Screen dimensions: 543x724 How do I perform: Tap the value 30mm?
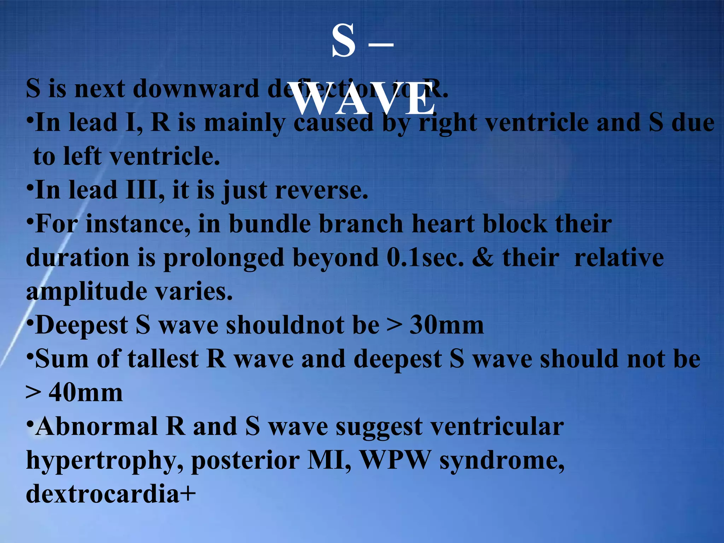point(446,325)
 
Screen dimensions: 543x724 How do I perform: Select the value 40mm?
point(86,393)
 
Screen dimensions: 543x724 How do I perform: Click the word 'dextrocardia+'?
point(111,494)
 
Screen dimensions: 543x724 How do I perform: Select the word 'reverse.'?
point(321,190)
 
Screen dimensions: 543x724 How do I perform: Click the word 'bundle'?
point(270,224)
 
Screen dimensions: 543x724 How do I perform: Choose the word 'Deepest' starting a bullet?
point(82,325)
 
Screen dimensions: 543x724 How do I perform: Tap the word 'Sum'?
point(62,359)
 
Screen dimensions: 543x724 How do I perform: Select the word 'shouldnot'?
point(285,325)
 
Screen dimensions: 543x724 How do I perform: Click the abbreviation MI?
point(329,460)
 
